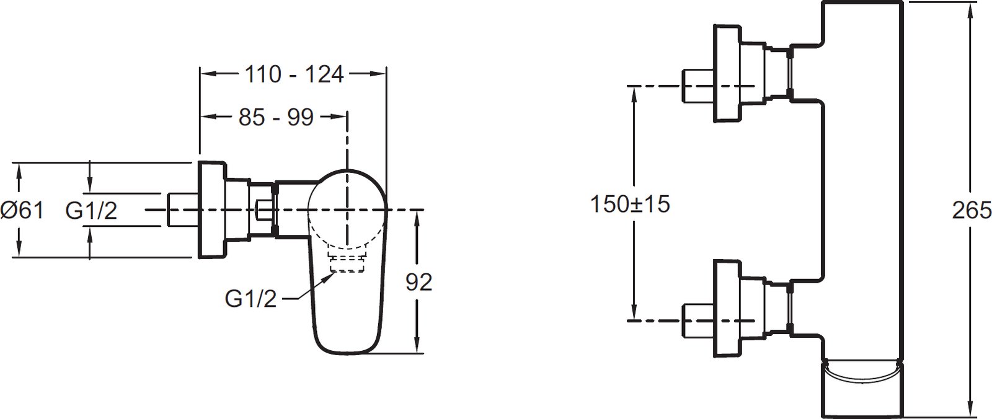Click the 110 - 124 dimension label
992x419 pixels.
click(x=294, y=74)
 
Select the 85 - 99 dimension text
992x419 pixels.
click(x=276, y=117)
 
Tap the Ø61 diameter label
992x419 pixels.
click(x=22, y=210)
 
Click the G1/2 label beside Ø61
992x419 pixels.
click(x=91, y=210)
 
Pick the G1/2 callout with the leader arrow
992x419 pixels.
click(x=250, y=299)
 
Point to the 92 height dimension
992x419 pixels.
click(x=418, y=282)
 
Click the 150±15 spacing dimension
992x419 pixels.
click(x=630, y=204)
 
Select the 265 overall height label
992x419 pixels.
click(x=972, y=210)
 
